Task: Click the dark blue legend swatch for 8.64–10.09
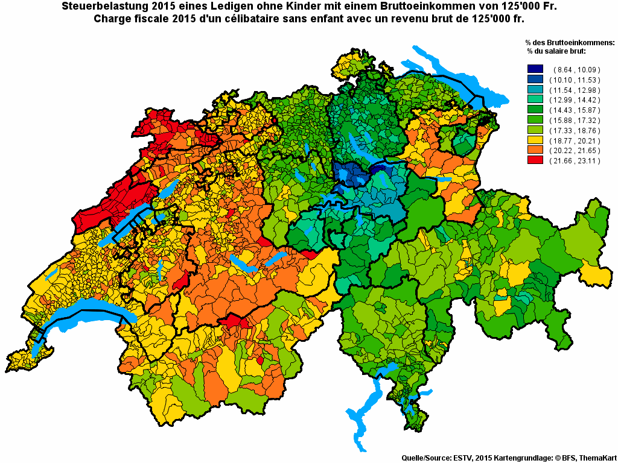coord(535,70)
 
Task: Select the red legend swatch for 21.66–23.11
coord(535,160)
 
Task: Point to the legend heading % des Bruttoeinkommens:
coord(570,43)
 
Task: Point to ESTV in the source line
coord(463,458)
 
